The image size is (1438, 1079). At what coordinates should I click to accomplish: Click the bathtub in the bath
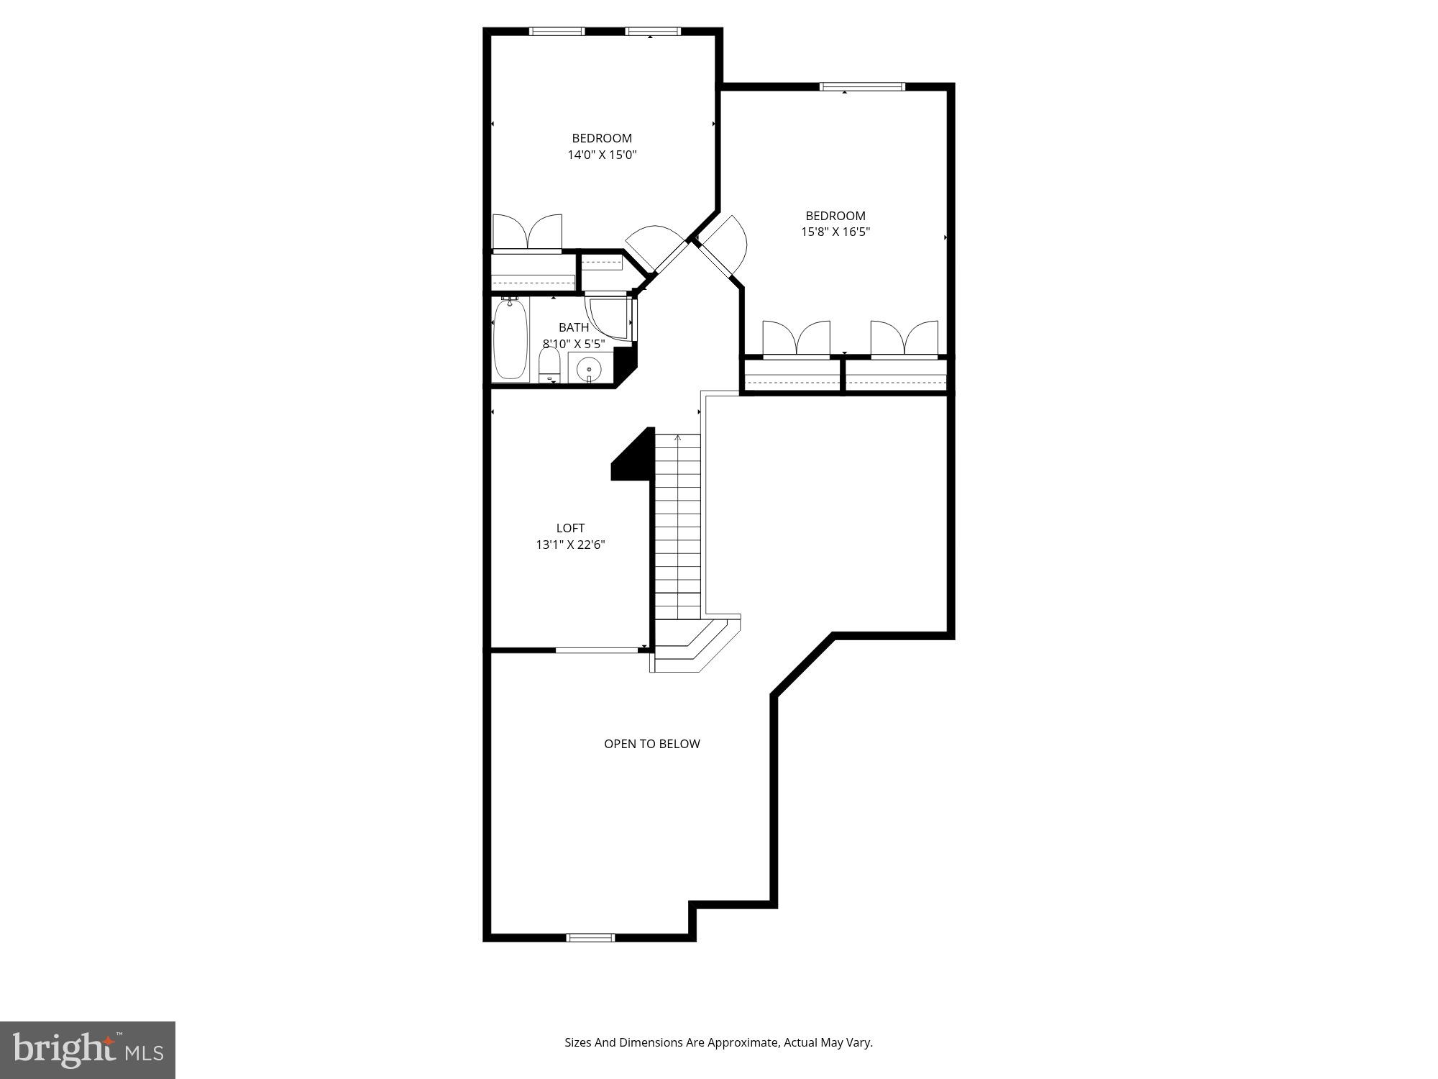(510, 340)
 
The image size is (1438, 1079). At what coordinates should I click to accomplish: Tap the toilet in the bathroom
(549, 366)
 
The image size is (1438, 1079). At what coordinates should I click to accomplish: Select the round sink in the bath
(589, 368)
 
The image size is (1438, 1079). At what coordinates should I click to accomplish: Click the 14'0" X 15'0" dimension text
(602, 155)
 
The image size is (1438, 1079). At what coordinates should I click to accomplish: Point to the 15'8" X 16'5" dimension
(835, 232)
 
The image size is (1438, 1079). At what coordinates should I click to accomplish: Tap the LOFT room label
(570, 528)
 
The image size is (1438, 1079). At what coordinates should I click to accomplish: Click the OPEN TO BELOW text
(651, 744)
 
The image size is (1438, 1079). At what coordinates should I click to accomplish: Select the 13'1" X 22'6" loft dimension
(570, 545)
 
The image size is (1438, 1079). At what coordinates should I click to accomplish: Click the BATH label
(573, 327)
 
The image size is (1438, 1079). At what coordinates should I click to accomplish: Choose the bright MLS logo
(88, 1050)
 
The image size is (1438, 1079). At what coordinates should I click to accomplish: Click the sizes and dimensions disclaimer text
(718, 1042)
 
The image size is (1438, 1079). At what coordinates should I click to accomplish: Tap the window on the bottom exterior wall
(590, 937)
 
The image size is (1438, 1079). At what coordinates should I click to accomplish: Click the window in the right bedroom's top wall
(862, 87)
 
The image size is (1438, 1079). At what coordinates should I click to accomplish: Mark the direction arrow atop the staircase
(677, 437)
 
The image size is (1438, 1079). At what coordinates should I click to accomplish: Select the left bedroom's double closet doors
(527, 232)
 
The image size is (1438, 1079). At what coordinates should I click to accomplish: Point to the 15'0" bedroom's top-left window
(557, 31)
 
